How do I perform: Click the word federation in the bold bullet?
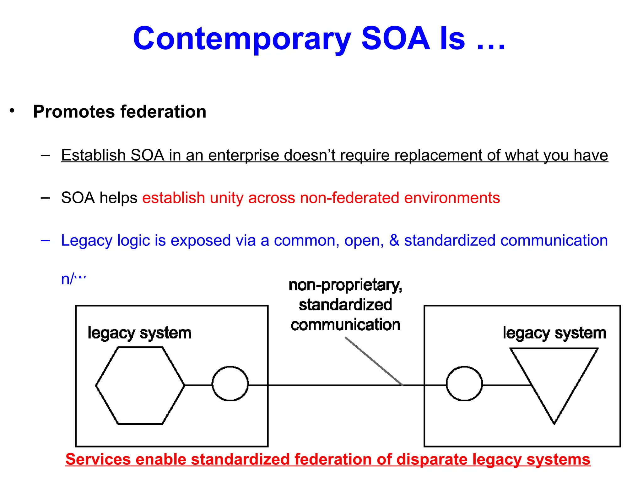163,112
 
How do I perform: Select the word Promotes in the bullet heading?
74,112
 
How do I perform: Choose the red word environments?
452,198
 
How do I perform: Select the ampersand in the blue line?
394,241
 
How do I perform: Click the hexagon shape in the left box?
140,385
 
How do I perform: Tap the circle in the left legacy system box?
230,384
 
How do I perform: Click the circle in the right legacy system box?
464,384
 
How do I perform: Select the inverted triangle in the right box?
554,377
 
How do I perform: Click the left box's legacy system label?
139,333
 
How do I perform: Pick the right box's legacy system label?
554,333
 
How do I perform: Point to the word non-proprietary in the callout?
345,285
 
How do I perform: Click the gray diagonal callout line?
374,361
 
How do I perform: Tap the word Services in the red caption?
98,459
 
